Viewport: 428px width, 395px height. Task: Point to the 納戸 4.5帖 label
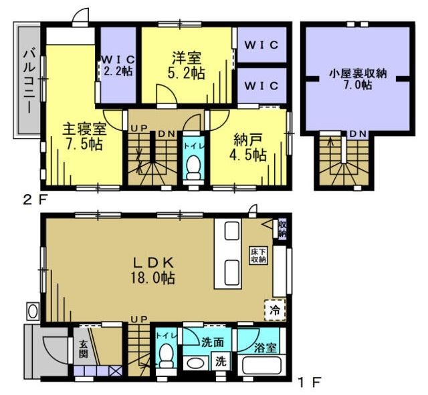pos(250,147)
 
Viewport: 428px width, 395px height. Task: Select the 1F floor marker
pos(309,382)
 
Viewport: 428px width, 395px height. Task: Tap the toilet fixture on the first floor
pos(166,356)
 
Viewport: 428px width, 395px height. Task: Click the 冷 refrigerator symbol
pos(274,309)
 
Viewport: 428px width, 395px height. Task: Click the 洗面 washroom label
pos(213,342)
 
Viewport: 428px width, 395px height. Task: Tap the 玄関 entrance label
pos(84,348)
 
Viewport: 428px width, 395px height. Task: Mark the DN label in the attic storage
pos(358,134)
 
